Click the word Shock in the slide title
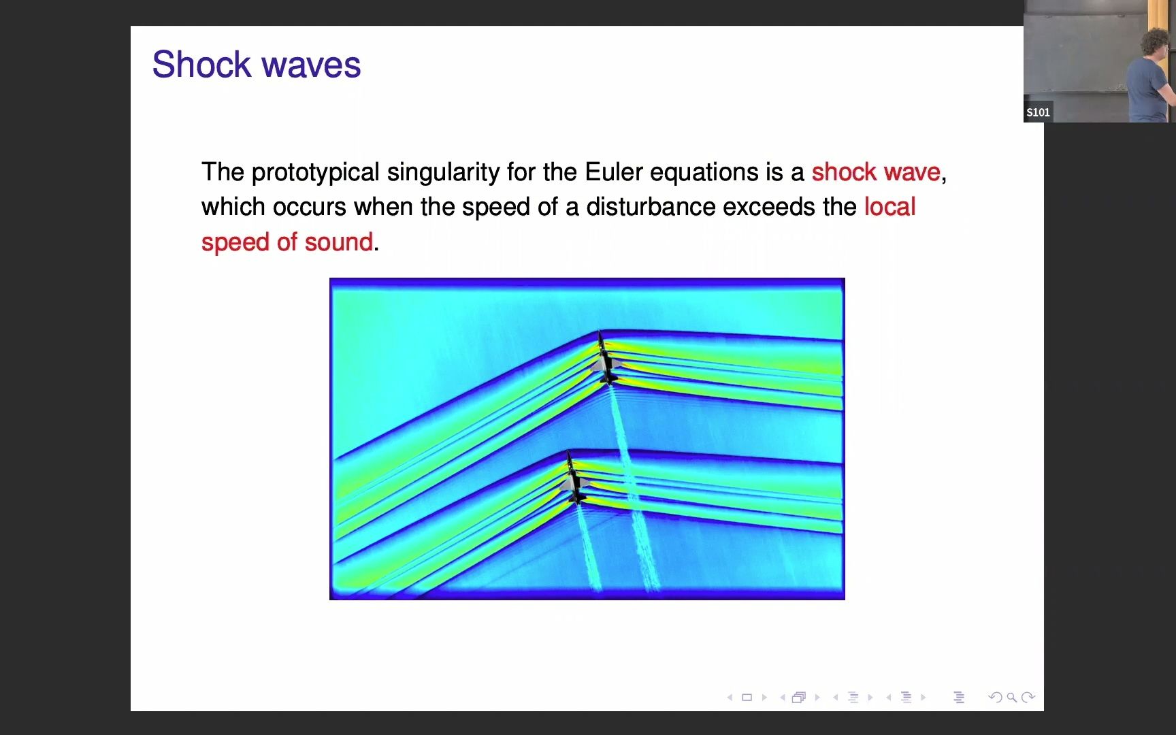pos(201,65)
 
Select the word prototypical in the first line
pos(315,172)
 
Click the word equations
pos(704,172)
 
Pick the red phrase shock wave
pos(876,172)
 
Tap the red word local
pos(889,207)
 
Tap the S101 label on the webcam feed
pos(1038,112)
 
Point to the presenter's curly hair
pos(1157,44)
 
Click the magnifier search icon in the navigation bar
pos(1011,697)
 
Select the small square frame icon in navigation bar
pos(747,697)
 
